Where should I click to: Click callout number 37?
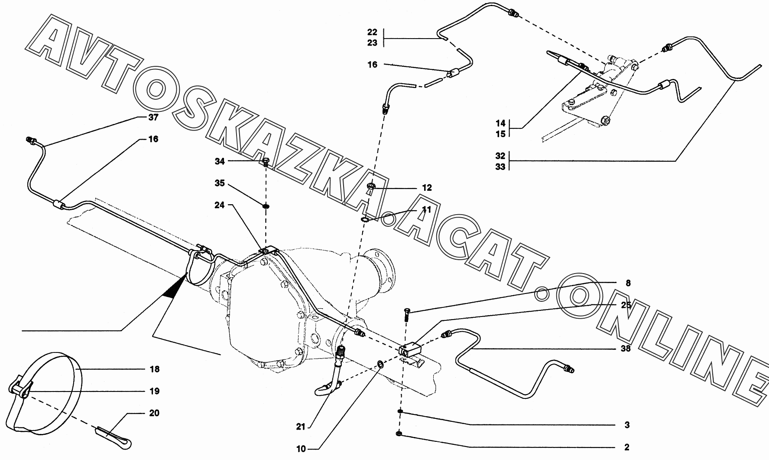[153, 117]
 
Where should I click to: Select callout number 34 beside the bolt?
[220, 161]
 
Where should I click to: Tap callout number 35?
[220, 183]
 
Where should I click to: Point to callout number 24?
[220, 205]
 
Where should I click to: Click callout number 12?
[427, 188]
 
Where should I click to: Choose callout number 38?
[625, 348]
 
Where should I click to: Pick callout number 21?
[301, 427]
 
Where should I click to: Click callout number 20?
[154, 413]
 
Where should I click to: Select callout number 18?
[154, 369]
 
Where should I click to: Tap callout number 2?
[626, 447]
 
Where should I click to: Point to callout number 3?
[626, 425]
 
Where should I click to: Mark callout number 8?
[628, 283]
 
